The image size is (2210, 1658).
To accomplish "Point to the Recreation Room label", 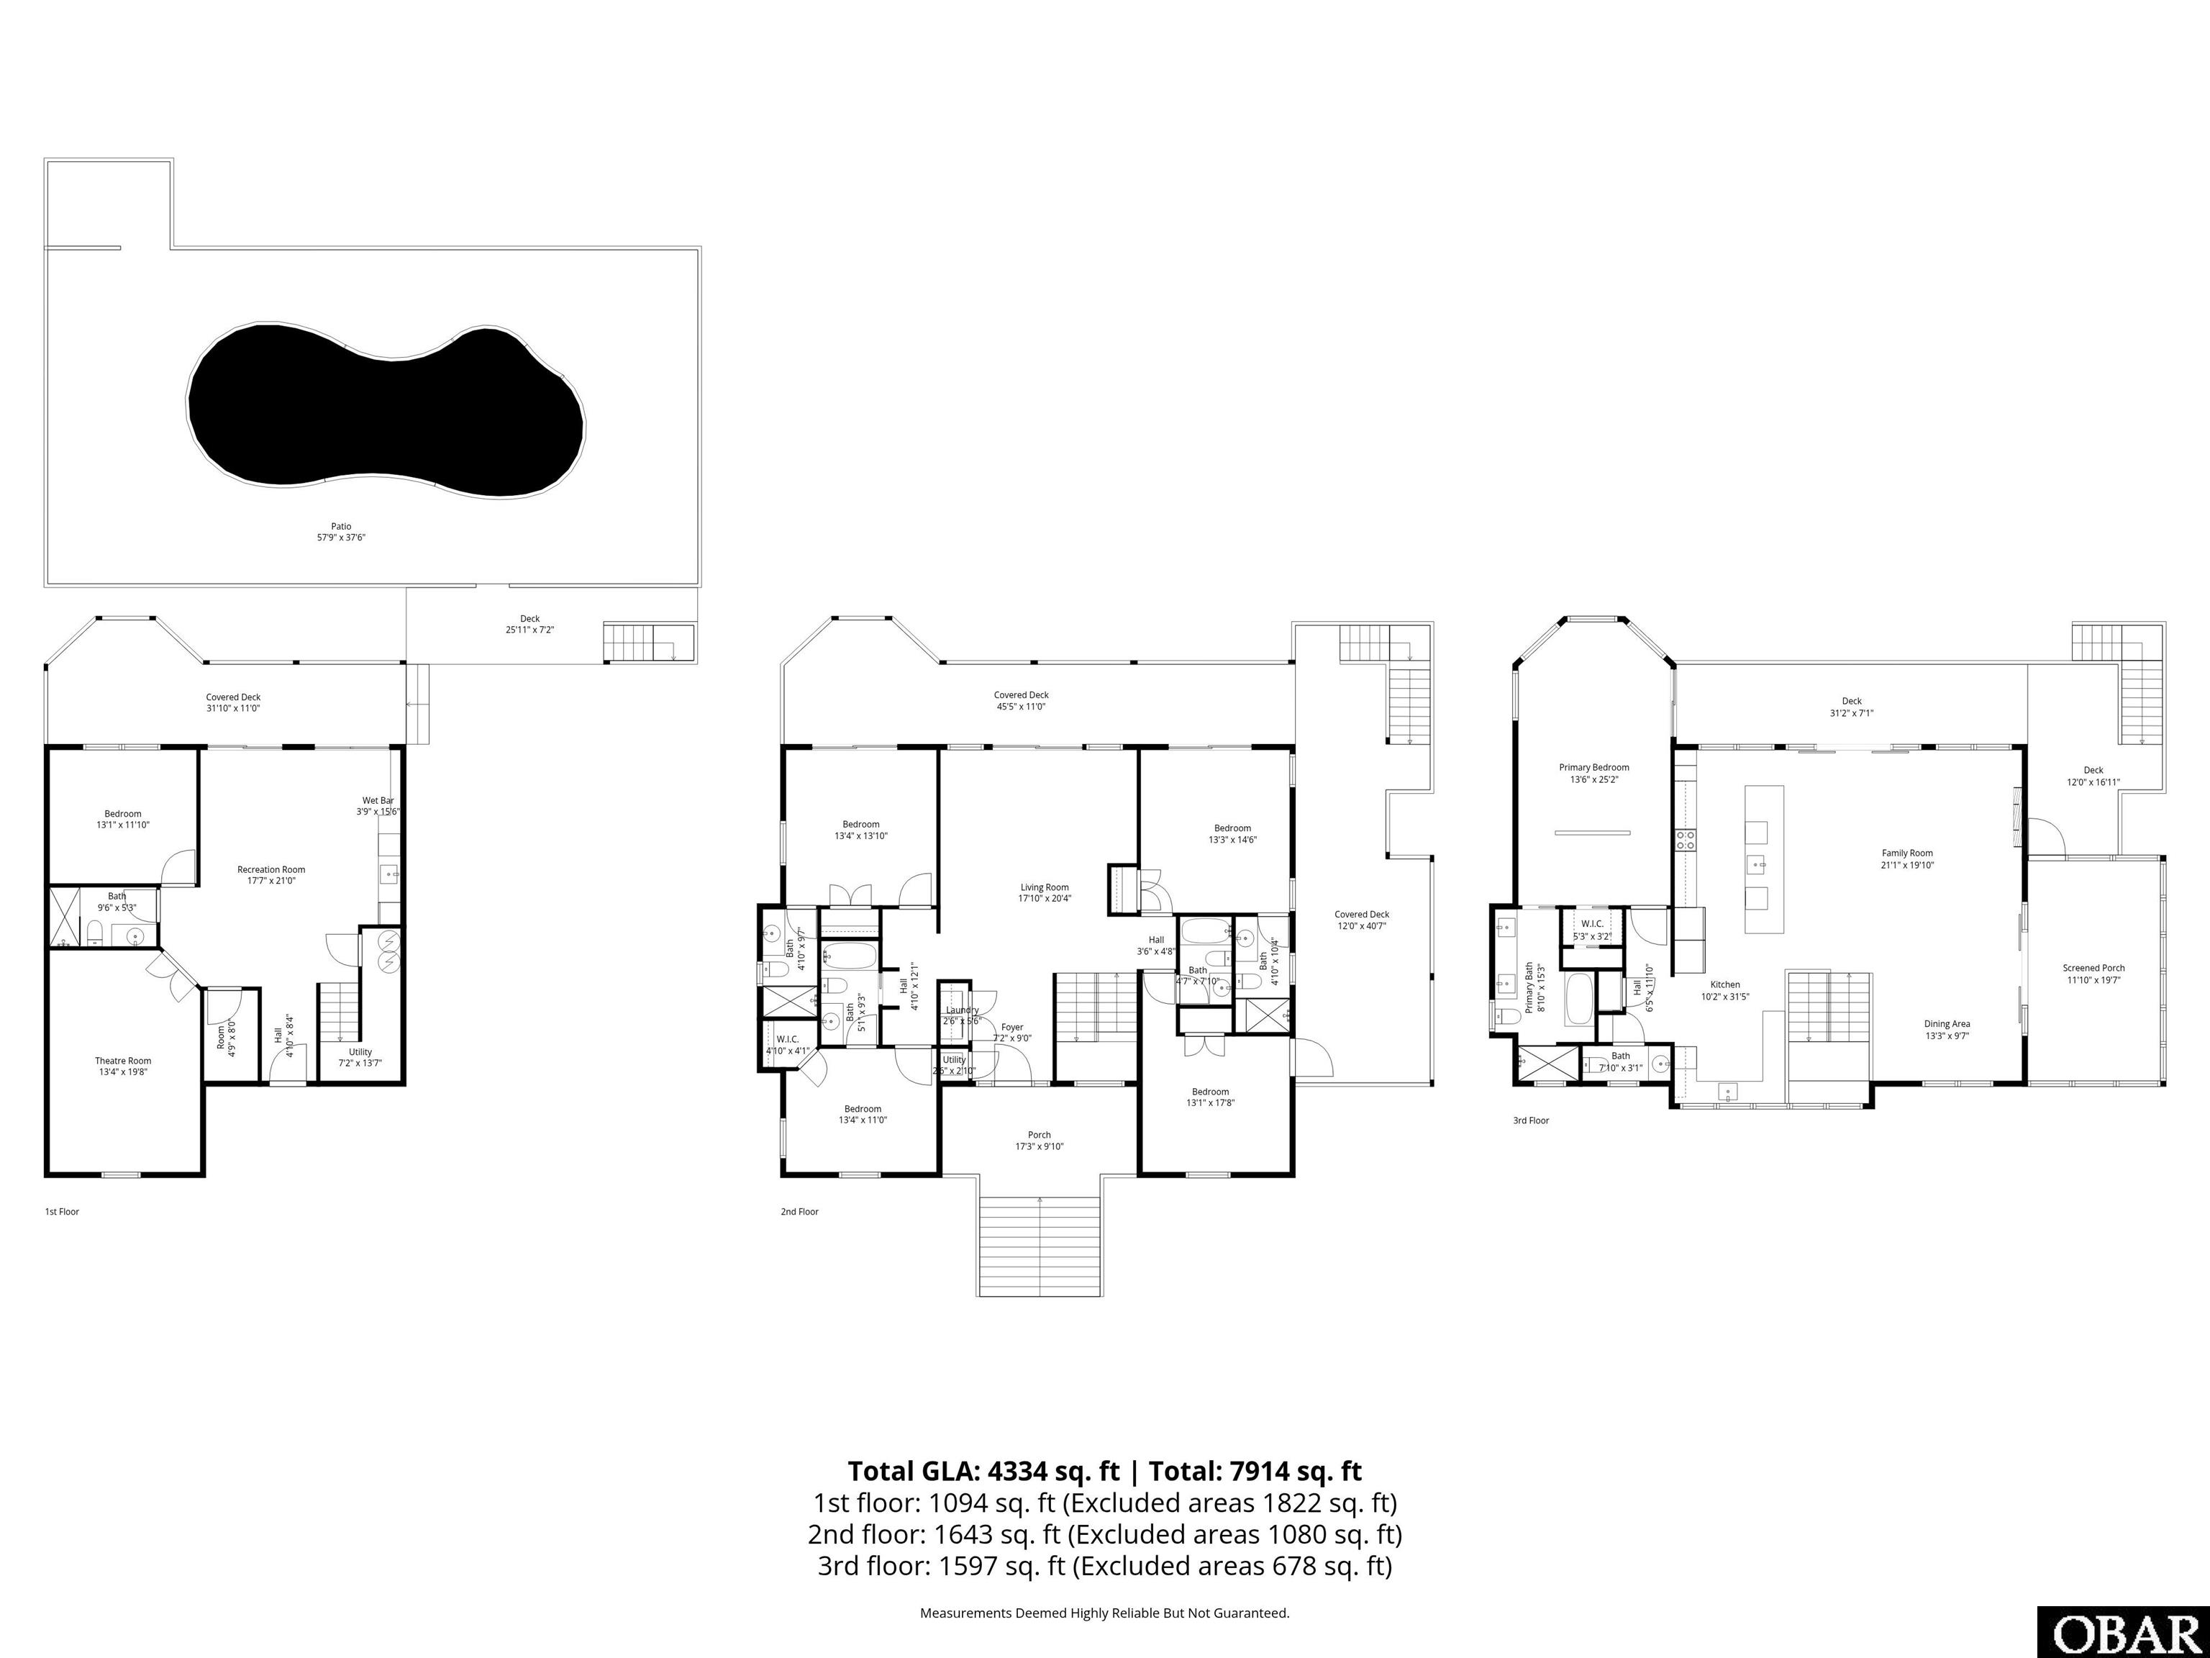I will click(270, 874).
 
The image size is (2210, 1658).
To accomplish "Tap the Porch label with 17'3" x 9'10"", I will click(1039, 1141).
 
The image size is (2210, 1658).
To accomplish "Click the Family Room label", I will click(1907, 859).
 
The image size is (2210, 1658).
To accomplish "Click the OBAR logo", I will click(2122, 1633).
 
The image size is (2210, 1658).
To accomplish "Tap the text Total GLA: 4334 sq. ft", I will click(983, 1471).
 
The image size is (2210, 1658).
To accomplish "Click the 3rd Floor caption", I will click(1531, 1120).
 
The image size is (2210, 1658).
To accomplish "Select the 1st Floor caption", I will click(62, 1211).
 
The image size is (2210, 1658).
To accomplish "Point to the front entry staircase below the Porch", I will click(1040, 1245).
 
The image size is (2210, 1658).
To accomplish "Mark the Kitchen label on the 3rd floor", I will click(1724, 989).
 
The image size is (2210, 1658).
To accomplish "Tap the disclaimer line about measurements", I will click(1104, 1612).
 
